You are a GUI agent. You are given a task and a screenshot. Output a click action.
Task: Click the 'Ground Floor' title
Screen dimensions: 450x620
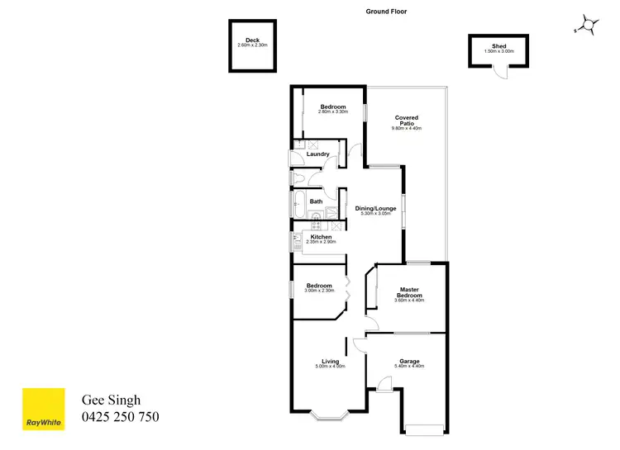pyautogui.click(x=386, y=12)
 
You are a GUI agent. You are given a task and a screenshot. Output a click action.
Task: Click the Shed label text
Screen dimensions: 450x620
pyautogui.click(x=498, y=46)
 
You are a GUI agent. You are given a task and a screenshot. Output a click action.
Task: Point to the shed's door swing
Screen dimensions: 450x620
pyautogui.click(x=498, y=72)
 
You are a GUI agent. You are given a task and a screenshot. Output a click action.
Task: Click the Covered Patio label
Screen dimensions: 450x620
pyautogui.click(x=406, y=121)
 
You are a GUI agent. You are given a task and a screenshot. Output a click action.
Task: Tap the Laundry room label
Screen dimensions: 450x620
pyautogui.click(x=318, y=154)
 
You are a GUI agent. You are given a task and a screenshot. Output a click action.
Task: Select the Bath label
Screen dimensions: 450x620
pyautogui.click(x=316, y=201)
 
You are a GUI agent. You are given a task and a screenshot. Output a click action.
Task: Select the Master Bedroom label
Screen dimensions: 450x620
pyautogui.click(x=408, y=292)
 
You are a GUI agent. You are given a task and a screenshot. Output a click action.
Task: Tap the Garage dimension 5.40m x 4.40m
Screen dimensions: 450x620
pyautogui.click(x=409, y=366)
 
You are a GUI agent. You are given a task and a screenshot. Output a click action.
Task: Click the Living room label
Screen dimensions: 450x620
pyautogui.click(x=331, y=361)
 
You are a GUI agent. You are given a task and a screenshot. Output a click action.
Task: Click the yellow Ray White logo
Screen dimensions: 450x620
pyautogui.click(x=43, y=409)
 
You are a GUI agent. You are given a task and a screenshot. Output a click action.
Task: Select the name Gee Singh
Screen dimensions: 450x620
pyautogui.click(x=109, y=400)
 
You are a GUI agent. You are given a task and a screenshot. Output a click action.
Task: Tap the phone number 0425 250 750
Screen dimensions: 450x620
pyautogui.click(x=120, y=418)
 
